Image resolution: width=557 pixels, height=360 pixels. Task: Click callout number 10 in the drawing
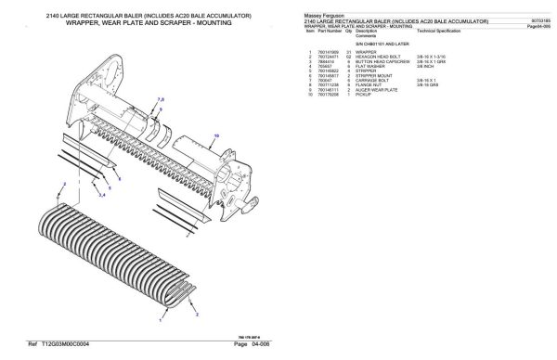[x=216, y=135]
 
